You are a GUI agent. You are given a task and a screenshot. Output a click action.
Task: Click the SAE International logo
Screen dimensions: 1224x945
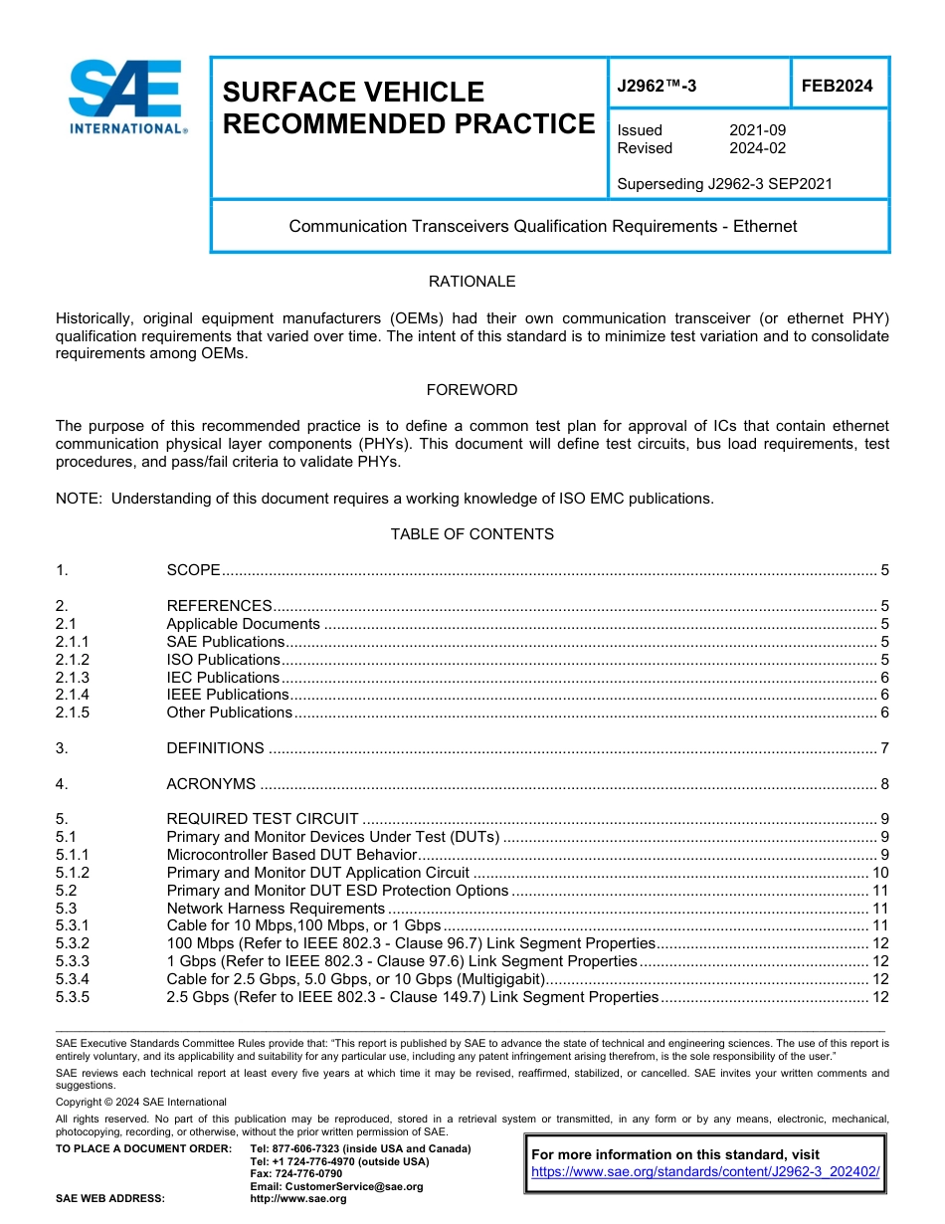126,97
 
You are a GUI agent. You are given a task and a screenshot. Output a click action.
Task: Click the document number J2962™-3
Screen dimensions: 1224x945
657,86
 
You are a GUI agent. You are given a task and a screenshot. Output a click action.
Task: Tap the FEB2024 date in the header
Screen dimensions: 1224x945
837,86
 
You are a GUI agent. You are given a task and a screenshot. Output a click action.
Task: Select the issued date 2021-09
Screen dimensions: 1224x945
757,130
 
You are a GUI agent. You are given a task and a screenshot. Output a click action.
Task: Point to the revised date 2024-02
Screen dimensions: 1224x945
757,148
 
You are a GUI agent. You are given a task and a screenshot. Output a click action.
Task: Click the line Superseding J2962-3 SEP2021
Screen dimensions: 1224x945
724,184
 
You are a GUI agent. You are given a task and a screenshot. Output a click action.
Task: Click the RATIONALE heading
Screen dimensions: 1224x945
472,282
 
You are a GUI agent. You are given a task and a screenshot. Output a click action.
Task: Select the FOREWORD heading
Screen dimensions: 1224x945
472,390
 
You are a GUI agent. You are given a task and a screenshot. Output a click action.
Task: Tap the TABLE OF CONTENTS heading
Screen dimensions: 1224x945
472,534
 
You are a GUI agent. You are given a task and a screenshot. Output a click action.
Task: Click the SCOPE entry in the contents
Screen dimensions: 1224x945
193,570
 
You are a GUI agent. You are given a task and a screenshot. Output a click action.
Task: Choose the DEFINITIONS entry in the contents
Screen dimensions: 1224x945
215,748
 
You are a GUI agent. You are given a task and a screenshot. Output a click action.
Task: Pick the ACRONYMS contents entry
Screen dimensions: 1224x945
211,784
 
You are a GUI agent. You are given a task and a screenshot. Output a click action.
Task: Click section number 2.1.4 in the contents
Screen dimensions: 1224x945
73,695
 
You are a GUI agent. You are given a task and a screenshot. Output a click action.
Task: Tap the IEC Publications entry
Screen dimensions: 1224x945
223,678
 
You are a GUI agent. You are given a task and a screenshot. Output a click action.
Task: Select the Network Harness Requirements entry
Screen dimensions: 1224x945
276,909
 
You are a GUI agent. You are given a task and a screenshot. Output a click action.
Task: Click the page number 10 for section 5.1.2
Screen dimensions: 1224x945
879,873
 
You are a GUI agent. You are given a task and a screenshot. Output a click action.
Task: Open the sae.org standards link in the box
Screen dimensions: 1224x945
705,1172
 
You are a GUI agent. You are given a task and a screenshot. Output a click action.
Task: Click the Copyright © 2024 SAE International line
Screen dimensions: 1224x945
141,1102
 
